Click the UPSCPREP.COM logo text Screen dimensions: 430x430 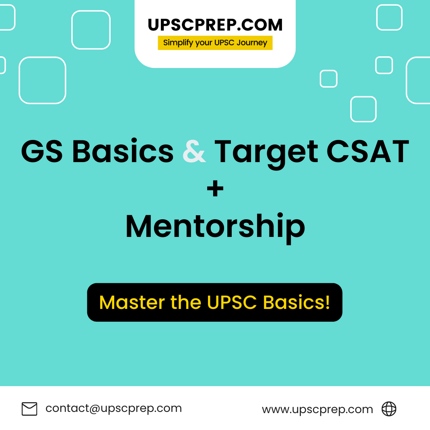pyautogui.click(x=215, y=25)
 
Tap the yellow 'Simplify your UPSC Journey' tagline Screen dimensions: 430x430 pyautogui.click(x=215, y=43)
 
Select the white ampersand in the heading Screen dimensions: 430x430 pyautogui.click(x=194, y=151)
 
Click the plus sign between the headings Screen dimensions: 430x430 pyautogui.click(x=215, y=188)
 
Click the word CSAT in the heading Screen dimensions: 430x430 pyautogui.click(x=368, y=151)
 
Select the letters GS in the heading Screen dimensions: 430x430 pyautogui.click(x=42, y=151)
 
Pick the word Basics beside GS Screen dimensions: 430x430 pyautogui.click(x=123, y=151)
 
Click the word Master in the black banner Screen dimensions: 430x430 pyautogui.click(x=132, y=302)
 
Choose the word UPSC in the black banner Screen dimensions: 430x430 pyautogui.click(x=232, y=302)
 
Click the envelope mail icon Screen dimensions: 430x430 pyautogui.click(x=29, y=409)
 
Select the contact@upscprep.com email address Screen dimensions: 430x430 pyautogui.click(x=113, y=408)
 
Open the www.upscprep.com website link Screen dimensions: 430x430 pyautogui.click(x=317, y=409)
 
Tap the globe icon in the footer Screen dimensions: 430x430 pyautogui.click(x=389, y=409)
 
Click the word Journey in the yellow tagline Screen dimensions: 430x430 pyautogui.click(x=252, y=43)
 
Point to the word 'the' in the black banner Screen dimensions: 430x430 pyautogui.click(x=186, y=302)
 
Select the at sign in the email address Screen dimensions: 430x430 pyautogui.click(x=95, y=409)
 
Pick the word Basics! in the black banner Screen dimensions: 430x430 pyautogui.click(x=296, y=302)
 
